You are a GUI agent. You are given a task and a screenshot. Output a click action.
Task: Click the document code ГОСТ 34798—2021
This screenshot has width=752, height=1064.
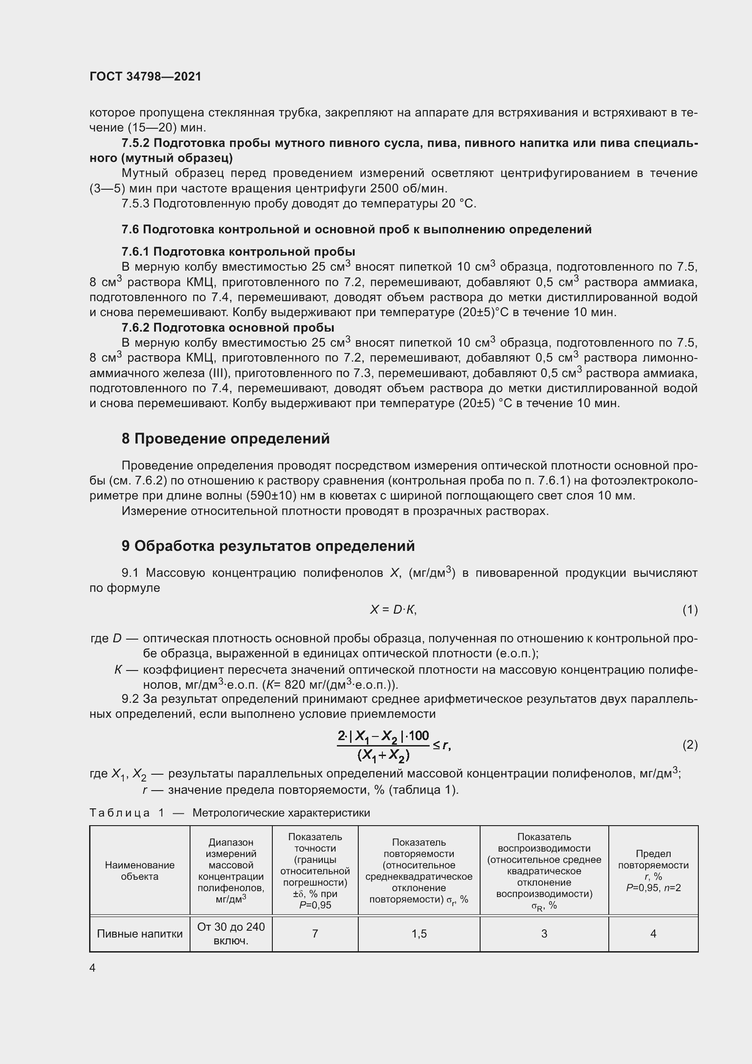pos(145,76)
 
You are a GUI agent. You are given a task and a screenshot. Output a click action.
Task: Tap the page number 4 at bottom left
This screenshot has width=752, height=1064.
pos(93,968)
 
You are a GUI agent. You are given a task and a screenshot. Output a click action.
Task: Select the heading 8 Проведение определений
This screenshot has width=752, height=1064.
pos(226,439)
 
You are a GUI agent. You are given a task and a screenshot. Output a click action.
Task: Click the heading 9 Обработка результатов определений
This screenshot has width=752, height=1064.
pos(268,546)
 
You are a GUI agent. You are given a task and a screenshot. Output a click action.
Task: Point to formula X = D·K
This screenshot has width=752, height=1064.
pos(393,610)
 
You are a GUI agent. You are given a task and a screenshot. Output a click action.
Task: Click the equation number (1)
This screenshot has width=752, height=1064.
pos(690,610)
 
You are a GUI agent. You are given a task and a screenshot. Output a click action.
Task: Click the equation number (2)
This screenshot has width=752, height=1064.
pos(690,745)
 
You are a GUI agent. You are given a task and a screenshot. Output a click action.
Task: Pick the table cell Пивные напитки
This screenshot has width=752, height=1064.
pos(140,934)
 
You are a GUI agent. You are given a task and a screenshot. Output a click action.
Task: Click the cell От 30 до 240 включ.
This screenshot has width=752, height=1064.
pos(231,933)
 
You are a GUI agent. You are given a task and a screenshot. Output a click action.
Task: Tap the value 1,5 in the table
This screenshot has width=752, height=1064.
pos(419,934)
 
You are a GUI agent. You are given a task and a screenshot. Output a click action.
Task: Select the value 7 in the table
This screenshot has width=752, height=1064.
pos(315,934)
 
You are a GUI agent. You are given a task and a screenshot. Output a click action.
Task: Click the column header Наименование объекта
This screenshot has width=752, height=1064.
pos(140,871)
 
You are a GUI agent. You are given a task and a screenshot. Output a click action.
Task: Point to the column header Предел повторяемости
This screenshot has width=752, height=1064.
pos(653,865)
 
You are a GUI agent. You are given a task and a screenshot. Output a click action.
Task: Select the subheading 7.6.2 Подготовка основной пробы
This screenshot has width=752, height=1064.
pos(228,328)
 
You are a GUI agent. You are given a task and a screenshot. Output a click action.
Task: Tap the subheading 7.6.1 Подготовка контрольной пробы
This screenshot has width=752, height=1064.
pos(238,252)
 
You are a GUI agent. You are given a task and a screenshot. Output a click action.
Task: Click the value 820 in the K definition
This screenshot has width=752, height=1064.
pos(295,685)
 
